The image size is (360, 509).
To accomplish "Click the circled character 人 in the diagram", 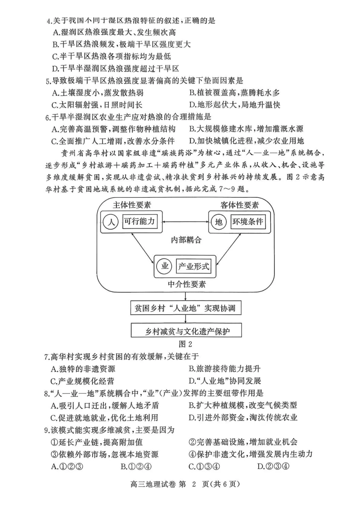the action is (111, 222).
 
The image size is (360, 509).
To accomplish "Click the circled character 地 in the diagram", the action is (219, 222).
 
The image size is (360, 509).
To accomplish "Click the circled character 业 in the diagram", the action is (165, 266).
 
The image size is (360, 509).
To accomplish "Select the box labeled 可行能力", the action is (139, 222).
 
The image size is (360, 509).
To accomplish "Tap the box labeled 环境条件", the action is (247, 222).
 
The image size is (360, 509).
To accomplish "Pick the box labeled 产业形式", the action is (193, 266).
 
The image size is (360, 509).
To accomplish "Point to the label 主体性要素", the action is (132, 205).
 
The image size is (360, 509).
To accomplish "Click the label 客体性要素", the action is (239, 205).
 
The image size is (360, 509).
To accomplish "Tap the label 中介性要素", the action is (187, 284).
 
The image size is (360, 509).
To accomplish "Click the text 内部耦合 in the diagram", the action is (186, 240).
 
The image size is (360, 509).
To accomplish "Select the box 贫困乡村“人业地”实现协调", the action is (185, 308).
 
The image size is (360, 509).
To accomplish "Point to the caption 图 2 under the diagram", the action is (186, 344).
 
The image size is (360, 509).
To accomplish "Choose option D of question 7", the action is (225, 381).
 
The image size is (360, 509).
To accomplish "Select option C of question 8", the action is (104, 417).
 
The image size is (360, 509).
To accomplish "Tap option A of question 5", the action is (97, 93).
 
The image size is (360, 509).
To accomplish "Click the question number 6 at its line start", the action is (47, 117).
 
